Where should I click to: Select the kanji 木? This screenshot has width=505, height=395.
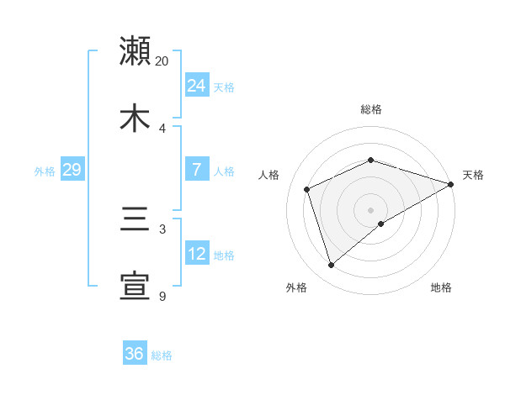135,118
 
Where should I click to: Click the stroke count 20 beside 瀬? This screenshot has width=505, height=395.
162,61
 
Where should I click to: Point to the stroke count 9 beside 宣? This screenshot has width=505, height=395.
162,296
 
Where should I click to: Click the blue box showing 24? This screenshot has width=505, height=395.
196,86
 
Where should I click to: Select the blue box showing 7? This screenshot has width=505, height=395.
196,170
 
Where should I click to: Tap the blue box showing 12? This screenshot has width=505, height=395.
196,254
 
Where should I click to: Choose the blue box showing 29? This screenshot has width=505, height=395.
72,170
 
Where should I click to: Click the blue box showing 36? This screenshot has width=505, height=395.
134,354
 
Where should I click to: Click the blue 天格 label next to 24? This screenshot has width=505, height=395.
224,87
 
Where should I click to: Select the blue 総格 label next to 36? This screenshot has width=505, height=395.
162,355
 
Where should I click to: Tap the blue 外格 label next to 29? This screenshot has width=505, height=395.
45,171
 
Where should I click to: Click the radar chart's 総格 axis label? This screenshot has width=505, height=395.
370,109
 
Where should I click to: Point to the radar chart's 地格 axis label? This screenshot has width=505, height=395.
441,287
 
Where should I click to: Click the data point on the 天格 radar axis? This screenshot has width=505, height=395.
451,185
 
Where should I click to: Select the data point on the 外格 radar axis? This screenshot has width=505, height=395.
331,266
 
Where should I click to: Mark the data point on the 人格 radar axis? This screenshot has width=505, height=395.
307,189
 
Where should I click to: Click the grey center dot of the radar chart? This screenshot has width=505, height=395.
370,210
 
